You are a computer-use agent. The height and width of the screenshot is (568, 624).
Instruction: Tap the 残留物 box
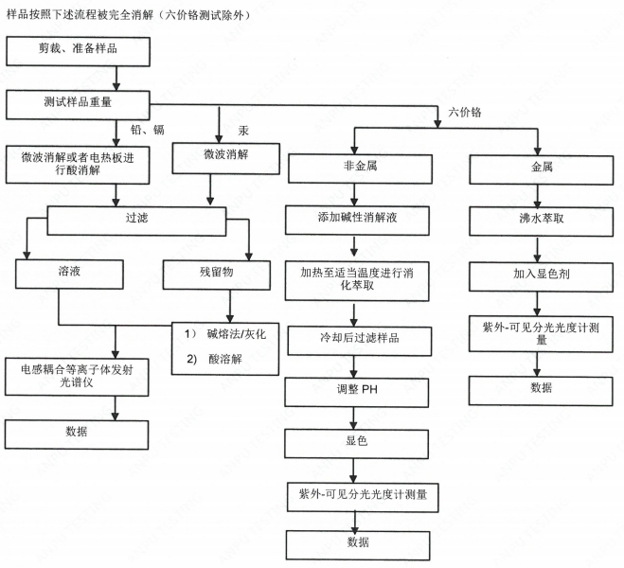point(216,272)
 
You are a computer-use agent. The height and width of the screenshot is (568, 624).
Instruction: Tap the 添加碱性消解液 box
point(355,217)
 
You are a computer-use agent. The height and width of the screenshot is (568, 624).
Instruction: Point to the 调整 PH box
point(355,388)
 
